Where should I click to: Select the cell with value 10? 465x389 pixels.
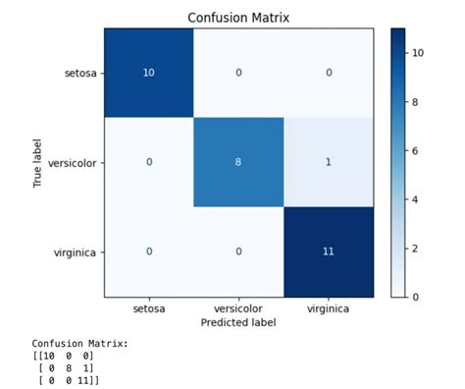(x=148, y=72)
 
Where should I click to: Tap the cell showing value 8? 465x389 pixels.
(x=238, y=161)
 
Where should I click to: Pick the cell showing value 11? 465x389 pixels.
(x=328, y=251)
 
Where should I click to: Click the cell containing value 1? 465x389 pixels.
(x=328, y=161)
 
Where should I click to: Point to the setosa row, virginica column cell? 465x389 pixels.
(x=328, y=72)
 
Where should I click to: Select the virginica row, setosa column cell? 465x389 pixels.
(x=148, y=251)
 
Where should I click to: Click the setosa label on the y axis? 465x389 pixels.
(x=79, y=72)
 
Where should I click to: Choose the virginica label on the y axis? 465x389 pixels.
(x=76, y=251)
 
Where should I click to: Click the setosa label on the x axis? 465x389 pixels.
(x=148, y=308)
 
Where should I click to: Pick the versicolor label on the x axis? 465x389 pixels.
(x=238, y=308)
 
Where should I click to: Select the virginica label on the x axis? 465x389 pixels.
(x=328, y=308)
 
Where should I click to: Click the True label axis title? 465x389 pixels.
(x=36, y=162)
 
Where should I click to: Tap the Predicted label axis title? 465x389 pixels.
(x=238, y=322)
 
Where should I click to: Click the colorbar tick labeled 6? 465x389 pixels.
(x=415, y=149)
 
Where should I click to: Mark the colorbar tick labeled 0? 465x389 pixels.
(x=415, y=296)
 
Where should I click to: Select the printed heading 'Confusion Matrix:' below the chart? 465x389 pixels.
(x=73, y=344)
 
